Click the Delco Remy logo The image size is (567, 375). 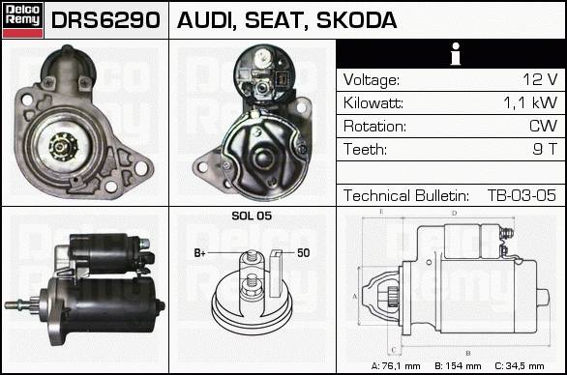click(x=22, y=20)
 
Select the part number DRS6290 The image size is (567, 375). click(x=105, y=20)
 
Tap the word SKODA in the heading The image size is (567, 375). click(x=356, y=20)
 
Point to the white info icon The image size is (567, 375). click(x=456, y=54)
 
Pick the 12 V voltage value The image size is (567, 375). click(x=540, y=79)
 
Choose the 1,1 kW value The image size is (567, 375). click(x=530, y=102)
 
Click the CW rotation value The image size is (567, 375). click(x=543, y=126)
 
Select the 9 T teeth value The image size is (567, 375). click(x=545, y=149)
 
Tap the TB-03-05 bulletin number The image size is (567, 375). click(x=522, y=195)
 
